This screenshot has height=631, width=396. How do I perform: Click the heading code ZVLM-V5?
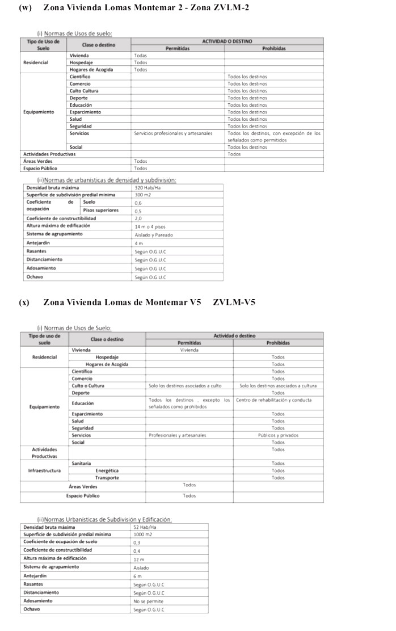pyautogui.click(x=234, y=302)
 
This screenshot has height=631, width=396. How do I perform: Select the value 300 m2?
pyautogui.click(x=142, y=195)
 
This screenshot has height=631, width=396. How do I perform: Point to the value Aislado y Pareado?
pyautogui.click(x=153, y=234)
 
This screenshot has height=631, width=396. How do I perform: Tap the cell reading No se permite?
pyautogui.click(x=148, y=600)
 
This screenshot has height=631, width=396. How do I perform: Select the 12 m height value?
pyautogui.click(x=138, y=559)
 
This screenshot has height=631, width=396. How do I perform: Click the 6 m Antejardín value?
pyautogui.click(x=137, y=575)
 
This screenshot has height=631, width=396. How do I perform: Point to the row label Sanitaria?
pyautogui.click(x=81, y=463)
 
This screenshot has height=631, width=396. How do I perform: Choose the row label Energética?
pyautogui.click(x=107, y=470)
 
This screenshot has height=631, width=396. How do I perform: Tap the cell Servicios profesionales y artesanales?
pyautogui.click(x=173, y=133)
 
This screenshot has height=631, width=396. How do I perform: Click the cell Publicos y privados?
pyautogui.click(x=278, y=435)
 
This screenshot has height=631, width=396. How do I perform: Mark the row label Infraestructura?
pyautogui.click(x=44, y=470)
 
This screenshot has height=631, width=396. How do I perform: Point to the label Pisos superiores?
pyautogui.click(x=100, y=210)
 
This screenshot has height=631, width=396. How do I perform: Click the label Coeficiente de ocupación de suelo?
pyautogui.click(x=60, y=542)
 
